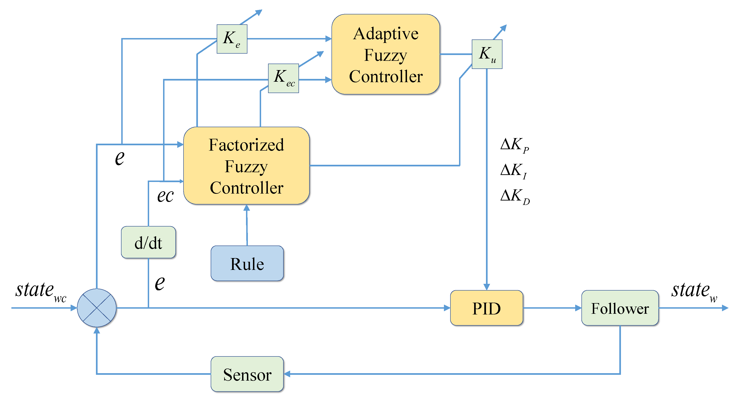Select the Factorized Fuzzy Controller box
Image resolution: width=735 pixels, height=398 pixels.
click(246, 166)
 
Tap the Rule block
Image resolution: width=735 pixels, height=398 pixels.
click(247, 263)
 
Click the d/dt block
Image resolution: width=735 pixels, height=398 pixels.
click(148, 242)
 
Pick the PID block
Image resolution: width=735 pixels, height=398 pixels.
click(486, 308)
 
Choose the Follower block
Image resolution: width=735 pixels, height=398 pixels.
click(620, 308)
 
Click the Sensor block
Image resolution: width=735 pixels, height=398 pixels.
click(247, 374)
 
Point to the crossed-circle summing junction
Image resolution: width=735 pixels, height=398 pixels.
click(97, 308)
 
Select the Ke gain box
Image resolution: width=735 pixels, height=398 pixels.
click(232, 39)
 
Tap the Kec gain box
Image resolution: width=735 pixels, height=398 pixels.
click(283, 78)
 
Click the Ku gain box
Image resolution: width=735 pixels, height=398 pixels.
click(487, 54)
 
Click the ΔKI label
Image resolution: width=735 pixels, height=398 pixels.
click(514, 171)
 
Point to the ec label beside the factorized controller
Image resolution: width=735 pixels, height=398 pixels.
click(165, 196)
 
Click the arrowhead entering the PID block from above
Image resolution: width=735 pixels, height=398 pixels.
click(486, 287)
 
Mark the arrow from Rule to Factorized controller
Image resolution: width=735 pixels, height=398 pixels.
click(247, 225)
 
